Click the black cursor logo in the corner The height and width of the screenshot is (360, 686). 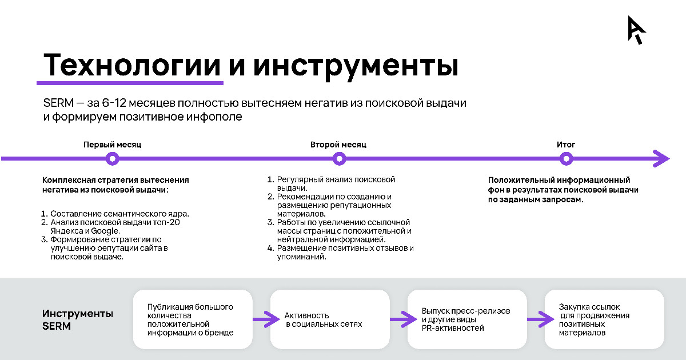(x=636, y=30)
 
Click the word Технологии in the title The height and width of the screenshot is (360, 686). (x=132, y=65)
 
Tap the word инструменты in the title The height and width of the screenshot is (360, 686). (x=356, y=67)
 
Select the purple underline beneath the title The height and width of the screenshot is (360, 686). (x=130, y=83)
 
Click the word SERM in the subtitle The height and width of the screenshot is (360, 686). (x=58, y=103)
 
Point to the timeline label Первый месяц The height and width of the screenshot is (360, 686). (x=113, y=145)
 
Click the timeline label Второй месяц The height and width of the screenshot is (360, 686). (x=338, y=145)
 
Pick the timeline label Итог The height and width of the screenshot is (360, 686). (x=566, y=145)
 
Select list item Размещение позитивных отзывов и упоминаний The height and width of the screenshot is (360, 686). (x=341, y=252)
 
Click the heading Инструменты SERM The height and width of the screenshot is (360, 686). (x=78, y=319)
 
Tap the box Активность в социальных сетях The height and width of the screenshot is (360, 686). (x=330, y=319)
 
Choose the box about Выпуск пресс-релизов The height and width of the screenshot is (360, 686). (x=468, y=319)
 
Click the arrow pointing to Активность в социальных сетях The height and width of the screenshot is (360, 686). (x=266, y=319)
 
